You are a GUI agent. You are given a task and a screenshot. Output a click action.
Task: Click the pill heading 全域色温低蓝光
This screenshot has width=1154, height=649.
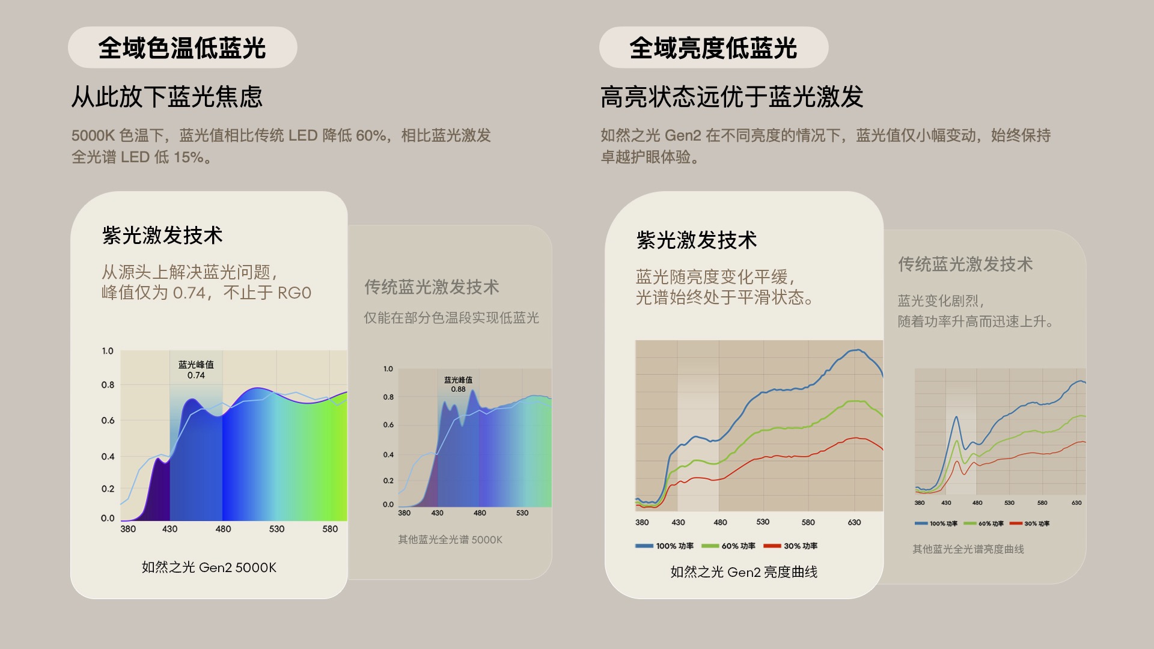point(182,47)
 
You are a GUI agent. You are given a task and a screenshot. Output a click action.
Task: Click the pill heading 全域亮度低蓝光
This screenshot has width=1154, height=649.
point(713,47)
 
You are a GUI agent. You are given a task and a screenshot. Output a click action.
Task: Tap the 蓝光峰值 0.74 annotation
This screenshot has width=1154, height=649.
point(196,370)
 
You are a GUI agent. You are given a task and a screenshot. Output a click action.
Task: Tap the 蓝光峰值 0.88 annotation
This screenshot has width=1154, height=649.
point(458,385)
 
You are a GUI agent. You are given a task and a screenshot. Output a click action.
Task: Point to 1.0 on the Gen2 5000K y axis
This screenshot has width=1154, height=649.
point(108,351)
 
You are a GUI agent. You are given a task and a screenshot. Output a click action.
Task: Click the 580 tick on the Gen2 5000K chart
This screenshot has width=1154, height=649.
point(330,529)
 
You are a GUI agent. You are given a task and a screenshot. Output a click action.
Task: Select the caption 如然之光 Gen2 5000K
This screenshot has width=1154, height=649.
point(209,567)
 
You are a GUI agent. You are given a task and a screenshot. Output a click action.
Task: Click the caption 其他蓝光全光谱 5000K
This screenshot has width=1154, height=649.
point(450,540)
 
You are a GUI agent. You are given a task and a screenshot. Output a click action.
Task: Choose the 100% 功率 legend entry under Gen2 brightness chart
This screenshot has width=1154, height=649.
point(664,546)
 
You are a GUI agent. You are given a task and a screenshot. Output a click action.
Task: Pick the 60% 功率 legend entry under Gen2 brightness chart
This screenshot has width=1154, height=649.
point(728,546)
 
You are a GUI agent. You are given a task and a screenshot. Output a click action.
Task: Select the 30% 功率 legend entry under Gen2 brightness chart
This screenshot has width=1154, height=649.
point(790,546)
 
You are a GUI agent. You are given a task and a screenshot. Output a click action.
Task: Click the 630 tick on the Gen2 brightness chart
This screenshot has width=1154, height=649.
point(854,522)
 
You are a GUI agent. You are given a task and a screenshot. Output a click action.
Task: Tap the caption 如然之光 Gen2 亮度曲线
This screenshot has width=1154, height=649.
point(744,572)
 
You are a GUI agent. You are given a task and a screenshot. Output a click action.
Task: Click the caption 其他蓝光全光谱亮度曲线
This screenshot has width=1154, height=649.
point(968,549)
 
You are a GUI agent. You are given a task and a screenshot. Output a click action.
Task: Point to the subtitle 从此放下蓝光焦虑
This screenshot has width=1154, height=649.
point(167,97)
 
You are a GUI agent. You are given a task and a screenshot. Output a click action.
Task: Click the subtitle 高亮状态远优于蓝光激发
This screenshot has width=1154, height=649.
point(732,97)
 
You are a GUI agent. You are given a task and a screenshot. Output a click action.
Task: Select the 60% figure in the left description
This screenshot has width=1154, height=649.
point(371,135)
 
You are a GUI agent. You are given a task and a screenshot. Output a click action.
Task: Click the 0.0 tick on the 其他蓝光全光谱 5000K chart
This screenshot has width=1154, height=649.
point(388,505)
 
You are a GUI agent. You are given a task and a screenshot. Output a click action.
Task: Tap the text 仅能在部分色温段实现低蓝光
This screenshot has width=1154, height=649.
point(451,317)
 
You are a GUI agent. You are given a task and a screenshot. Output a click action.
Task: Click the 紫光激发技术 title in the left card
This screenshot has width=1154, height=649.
point(162,235)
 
